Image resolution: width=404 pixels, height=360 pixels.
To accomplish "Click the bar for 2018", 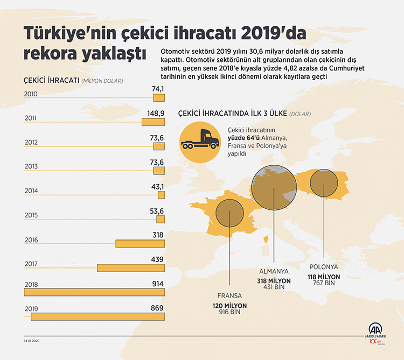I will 94,292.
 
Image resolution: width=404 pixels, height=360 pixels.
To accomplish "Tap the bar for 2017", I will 130,267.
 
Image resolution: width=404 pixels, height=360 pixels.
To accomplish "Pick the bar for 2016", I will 140,243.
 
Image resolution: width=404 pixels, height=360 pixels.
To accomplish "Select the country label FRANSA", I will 229,296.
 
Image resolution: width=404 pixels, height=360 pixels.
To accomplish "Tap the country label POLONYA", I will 324,267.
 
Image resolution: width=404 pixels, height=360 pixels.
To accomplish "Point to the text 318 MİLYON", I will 274,281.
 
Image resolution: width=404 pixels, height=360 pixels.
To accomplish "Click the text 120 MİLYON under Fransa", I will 229,305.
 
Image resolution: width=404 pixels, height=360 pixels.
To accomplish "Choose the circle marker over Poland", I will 324,188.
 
